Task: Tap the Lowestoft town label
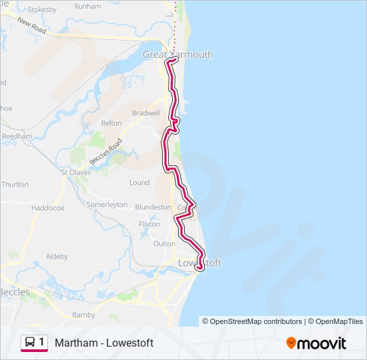199,263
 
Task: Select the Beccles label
13,292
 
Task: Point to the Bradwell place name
146,113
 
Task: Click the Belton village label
111,123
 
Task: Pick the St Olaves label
75,172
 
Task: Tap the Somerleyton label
107,205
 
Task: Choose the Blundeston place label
153,207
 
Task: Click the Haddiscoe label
47,208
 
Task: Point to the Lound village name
139,183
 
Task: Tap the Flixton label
149,224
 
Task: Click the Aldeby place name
57,256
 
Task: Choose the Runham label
87,6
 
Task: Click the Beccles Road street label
107,152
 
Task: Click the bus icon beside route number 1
30,342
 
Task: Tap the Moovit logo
316,343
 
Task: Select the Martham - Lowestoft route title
104,343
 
